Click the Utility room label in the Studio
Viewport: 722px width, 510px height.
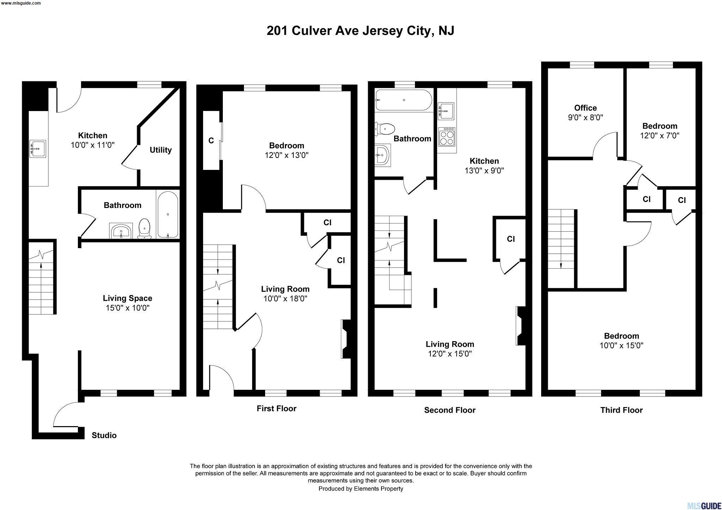[160, 150]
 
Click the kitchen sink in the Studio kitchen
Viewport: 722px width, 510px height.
[38, 149]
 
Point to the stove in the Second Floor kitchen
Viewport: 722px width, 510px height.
[446, 137]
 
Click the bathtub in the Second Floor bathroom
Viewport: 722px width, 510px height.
[404, 100]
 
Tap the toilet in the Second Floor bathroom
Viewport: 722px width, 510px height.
[385, 129]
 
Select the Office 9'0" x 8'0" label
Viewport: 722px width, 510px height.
[586, 113]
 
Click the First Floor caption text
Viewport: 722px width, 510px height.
[276, 408]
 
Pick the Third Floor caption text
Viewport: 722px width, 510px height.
[622, 410]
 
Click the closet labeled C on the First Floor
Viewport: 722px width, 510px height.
[211, 141]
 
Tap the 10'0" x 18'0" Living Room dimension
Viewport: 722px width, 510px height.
[285, 299]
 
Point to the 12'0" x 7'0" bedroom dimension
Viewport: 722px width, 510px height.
[660, 135]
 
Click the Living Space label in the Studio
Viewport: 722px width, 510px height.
[128, 298]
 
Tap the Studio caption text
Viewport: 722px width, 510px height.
[104, 435]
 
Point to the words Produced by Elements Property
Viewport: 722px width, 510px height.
[361, 489]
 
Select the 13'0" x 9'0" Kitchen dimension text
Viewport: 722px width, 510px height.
[484, 171]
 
